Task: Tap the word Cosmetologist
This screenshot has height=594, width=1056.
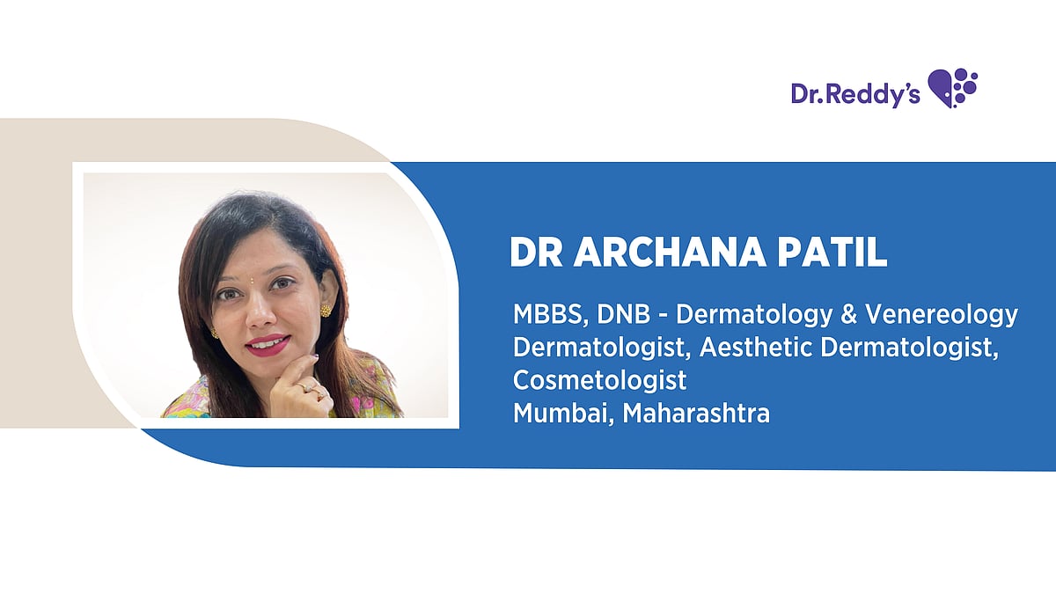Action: tap(599, 381)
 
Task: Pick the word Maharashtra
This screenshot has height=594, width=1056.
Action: tap(696, 414)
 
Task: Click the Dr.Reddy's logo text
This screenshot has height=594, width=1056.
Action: tap(854, 93)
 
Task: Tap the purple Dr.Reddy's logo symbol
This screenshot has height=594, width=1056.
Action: tap(954, 87)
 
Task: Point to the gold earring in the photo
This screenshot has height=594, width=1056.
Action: tap(325, 310)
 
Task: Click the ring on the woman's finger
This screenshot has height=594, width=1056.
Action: tap(307, 386)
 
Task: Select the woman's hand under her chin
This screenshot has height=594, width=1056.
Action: tap(299, 387)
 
